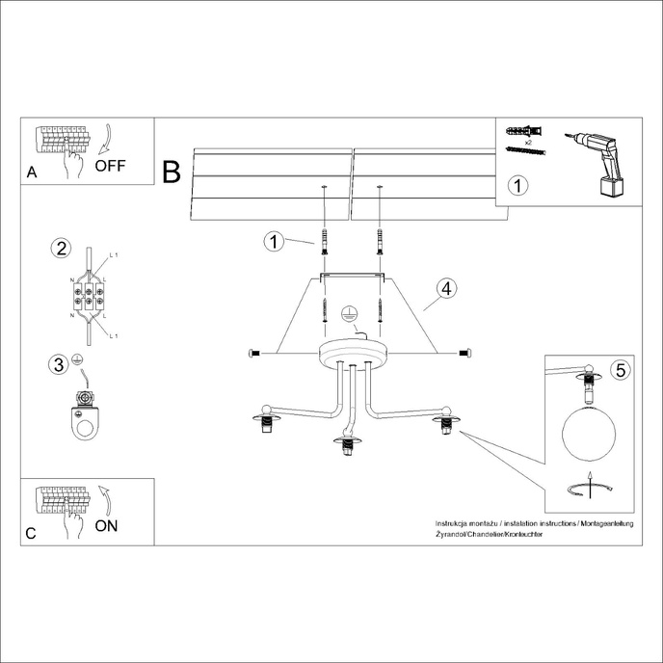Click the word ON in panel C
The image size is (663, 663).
pos(107,525)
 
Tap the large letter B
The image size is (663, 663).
pos(172,172)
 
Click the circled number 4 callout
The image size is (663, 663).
pos(444,288)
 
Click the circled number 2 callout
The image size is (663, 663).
pos(61,249)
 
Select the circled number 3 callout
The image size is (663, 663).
pos(59,363)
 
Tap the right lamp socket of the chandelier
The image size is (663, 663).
pos(445,423)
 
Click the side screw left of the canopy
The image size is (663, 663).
pos(254,353)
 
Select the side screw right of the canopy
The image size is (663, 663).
pos(465,353)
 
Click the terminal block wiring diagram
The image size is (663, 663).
pos(89,294)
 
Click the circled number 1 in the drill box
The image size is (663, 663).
pos(518,185)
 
